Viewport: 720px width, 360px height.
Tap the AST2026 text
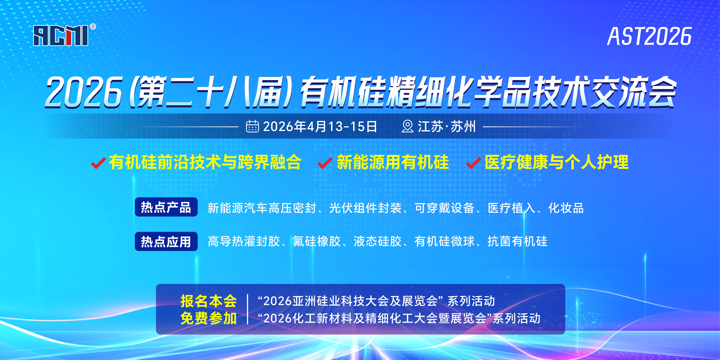[649, 36]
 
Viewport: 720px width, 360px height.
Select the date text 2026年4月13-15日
[320, 127]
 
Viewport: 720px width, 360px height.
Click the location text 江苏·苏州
[447, 127]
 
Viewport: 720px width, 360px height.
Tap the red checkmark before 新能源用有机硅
[325, 163]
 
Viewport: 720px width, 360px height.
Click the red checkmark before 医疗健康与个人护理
[474, 163]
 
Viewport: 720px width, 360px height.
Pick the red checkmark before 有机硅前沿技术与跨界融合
[98, 163]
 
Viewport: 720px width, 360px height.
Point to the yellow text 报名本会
[208, 301]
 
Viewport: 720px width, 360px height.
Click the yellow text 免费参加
[208, 318]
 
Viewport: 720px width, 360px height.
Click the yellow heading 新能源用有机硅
[393, 162]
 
